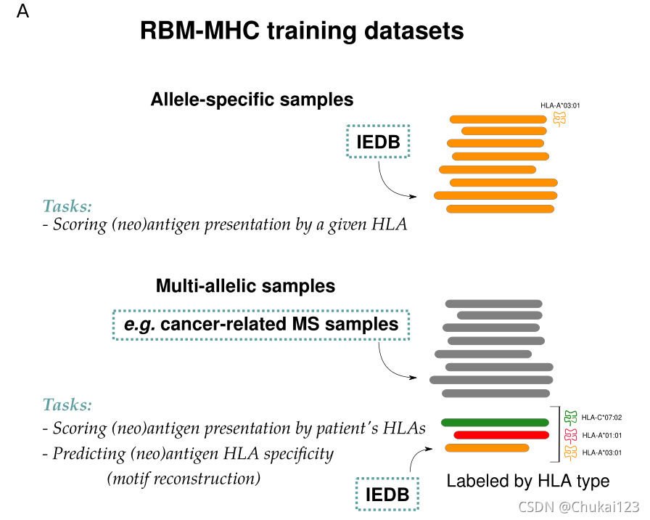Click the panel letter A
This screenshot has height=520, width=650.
pyautogui.click(x=23, y=12)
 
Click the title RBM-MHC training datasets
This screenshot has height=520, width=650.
pyautogui.click(x=301, y=31)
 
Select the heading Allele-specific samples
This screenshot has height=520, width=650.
pyautogui.click(x=252, y=99)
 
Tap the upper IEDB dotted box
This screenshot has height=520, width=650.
pyautogui.click(x=378, y=142)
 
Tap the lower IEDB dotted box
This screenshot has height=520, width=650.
pyautogui.click(x=387, y=495)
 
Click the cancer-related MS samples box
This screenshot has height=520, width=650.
pyautogui.click(x=261, y=324)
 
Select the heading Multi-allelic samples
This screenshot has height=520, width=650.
pyautogui.click(x=245, y=286)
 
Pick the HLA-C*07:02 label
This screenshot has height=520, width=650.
pyautogui.click(x=601, y=418)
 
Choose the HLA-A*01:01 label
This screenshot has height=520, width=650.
pyautogui.click(x=601, y=435)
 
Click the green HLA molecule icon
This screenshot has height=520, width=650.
pyautogui.click(x=570, y=417)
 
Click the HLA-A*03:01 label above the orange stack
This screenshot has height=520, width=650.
pyautogui.click(x=559, y=105)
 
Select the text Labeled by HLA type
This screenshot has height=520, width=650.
pyautogui.click(x=527, y=481)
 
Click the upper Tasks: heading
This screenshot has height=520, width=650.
pyautogui.click(x=67, y=206)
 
